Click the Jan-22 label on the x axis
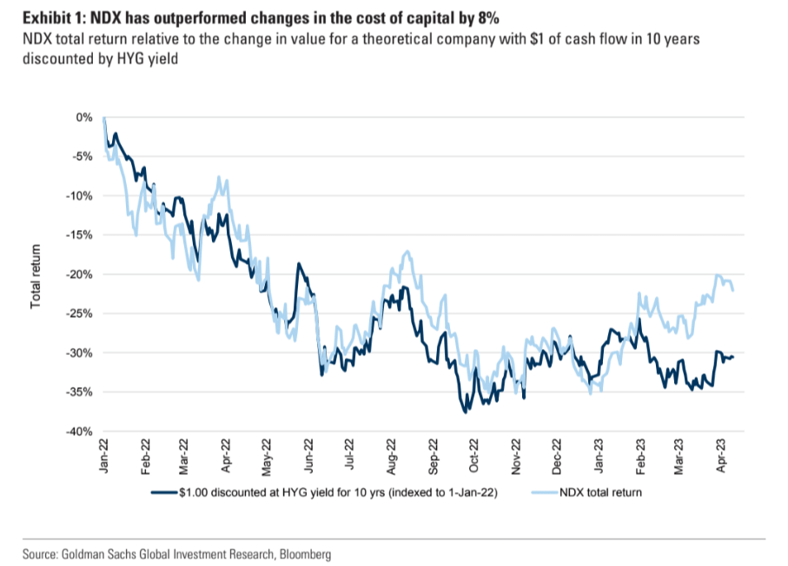click(x=104, y=455)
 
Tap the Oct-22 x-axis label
click(x=474, y=455)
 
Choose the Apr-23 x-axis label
click(x=720, y=455)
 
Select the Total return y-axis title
click(x=36, y=276)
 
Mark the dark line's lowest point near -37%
click(x=465, y=411)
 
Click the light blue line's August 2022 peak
click(x=406, y=252)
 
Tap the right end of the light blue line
click(x=733, y=290)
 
